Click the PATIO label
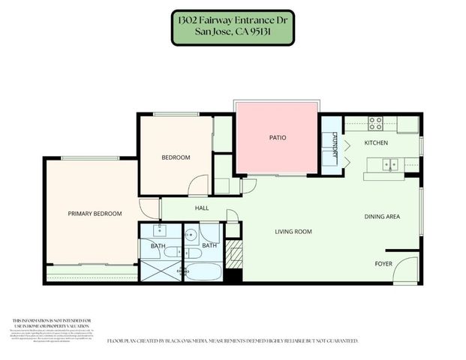(278, 138)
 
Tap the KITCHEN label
(376, 142)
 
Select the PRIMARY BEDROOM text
(95, 214)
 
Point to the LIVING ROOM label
(293, 232)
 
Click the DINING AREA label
(382, 217)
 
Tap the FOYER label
(383, 264)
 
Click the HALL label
(202, 208)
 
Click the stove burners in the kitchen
(375, 122)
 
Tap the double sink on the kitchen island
(389, 163)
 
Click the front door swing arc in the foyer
(405, 268)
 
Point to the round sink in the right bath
(191, 235)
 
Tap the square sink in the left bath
(157, 231)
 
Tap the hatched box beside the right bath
(233, 253)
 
